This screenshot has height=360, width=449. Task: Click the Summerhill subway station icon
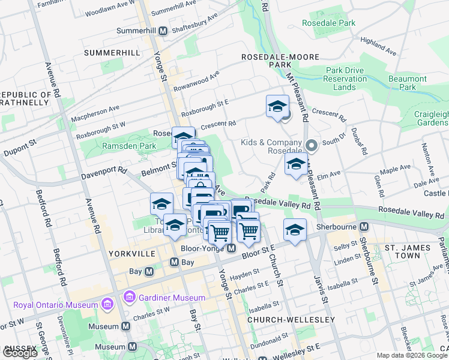(163, 31)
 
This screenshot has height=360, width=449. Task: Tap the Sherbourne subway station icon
(363, 227)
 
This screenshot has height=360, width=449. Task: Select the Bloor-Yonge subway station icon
(231, 248)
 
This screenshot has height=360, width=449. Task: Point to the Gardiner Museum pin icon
(128, 297)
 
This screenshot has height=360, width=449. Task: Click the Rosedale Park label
(329, 23)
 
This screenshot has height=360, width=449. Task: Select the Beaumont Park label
(407, 83)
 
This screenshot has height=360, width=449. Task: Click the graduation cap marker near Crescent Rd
(277, 107)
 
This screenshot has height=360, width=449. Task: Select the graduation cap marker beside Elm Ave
(296, 164)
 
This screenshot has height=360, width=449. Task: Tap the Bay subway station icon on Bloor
(174, 262)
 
